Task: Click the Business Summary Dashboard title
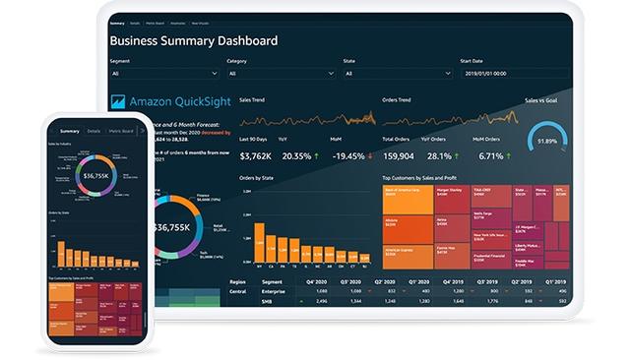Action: [x=193, y=41]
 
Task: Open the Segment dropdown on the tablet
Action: [x=163, y=73]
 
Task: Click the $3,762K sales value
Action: [x=256, y=155]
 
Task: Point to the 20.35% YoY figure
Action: [x=296, y=155]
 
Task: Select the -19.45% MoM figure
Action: [x=347, y=155]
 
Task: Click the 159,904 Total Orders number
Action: [x=397, y=155]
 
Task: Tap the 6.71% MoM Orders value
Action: [x=490, y=155]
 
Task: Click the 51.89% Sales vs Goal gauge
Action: [x=546, y=141]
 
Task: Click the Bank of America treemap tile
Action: [x=407, y=199]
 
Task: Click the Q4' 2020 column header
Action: [x=321, y=280]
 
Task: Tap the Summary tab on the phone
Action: [x=69, y=131]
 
